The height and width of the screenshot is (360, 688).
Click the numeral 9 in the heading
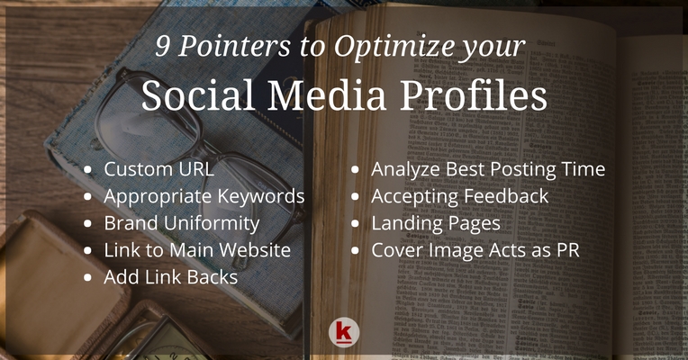click(164, 48)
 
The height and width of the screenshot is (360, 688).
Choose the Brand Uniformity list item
click(181, 222)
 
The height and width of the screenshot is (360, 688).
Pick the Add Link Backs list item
click(170, 276)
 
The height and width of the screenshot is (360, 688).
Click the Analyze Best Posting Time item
click(487, 169)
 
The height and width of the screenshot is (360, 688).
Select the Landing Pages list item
click(436, 222)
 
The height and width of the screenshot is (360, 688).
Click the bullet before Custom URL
click(87, 170)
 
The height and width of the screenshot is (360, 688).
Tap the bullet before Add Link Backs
click(87, 277)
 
